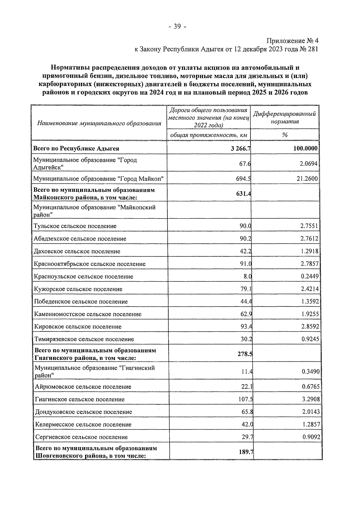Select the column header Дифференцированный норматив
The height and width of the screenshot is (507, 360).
[x=284, y=118]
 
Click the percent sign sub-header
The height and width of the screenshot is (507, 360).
[x=285, y=135]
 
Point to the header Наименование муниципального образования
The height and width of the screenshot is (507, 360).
[x=99, y=123]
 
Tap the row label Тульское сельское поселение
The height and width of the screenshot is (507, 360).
[x=75, y=226]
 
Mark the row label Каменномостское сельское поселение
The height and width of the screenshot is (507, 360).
[x=88, y=314]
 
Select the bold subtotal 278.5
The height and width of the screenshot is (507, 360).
[x=244, y=354]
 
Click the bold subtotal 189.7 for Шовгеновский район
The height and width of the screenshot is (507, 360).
[x=246, y=452]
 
